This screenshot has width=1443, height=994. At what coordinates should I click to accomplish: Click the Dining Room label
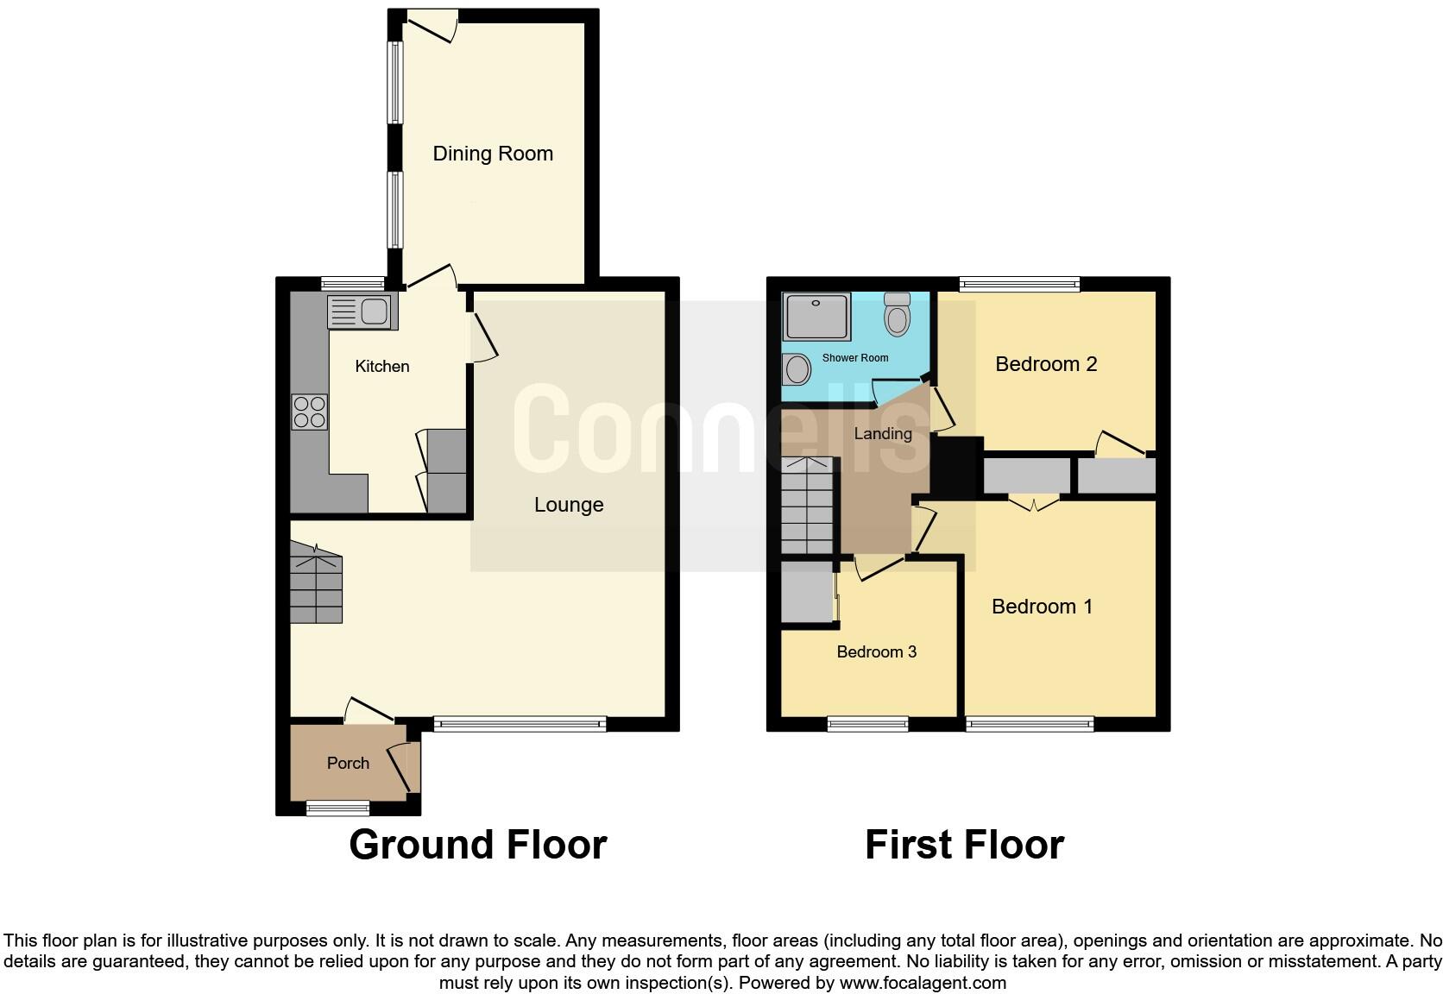click(492, 154)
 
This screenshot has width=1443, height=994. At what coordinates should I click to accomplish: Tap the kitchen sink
click(362, 311)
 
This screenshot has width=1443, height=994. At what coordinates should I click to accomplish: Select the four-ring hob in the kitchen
click(310, 412)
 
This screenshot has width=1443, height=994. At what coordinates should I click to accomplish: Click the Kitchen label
click(381, 367)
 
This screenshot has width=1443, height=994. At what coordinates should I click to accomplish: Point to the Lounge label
click(568, 505)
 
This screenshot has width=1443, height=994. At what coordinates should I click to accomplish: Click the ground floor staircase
click(316, 582)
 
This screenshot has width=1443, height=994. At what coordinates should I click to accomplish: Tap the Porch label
click(348, 763)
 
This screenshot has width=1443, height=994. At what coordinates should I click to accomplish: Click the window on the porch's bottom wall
click(338, 808)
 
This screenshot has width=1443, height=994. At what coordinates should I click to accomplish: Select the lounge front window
click(520, 725)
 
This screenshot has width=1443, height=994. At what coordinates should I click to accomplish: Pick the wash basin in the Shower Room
click(797, 370)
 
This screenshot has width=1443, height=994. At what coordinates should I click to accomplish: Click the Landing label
click(882, 434)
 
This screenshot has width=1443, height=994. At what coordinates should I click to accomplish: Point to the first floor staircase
click(808, 506)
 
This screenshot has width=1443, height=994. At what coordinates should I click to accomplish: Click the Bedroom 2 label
click(1045, 364)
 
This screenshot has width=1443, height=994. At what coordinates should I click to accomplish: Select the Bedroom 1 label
click(1042, 607)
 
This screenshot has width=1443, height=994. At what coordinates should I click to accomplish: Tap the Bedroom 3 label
click(876, 652)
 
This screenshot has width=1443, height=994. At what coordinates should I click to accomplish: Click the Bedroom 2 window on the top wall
click(1019, 284)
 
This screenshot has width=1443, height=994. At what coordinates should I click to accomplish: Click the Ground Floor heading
click(478, 845)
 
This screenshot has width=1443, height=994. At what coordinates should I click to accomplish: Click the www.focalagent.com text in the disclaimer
click(922, 983)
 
